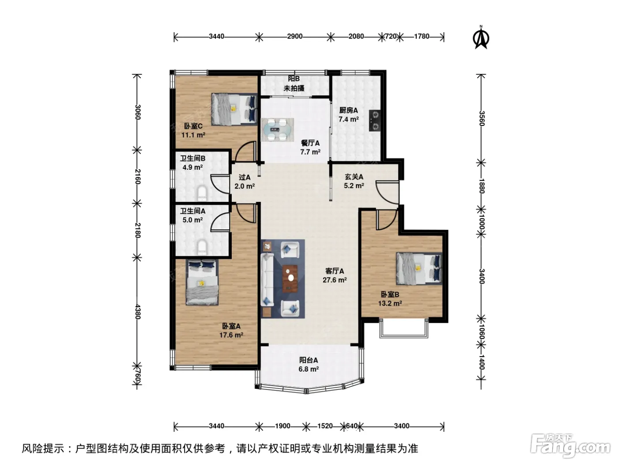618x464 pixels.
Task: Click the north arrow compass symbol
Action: pos(481,38)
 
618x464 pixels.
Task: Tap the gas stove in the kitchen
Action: pos(375,120)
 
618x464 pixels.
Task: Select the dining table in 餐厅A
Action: pos(277,129)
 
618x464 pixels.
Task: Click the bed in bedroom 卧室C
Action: pos(234,109)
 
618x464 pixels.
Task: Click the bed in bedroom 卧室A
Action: pos(202,282)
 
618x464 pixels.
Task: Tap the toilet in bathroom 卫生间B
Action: pos(202,193)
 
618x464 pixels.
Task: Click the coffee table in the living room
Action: pos(290,279)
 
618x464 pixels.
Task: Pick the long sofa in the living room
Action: pos(267,279)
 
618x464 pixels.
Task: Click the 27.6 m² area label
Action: pos(335,280)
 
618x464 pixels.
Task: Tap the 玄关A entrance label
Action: pos(354,177)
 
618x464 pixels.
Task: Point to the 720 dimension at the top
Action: pos(391,36)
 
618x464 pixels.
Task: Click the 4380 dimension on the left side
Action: pos(138,312)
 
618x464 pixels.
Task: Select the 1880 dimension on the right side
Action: pos(482,186)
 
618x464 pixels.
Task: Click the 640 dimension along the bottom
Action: pos(352,426)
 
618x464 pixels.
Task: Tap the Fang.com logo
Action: pos(570,447)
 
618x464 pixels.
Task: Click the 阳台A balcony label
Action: pos(309,360)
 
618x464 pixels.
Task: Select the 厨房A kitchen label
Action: pos(349,110)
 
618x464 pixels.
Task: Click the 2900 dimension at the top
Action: pos(295,36)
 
